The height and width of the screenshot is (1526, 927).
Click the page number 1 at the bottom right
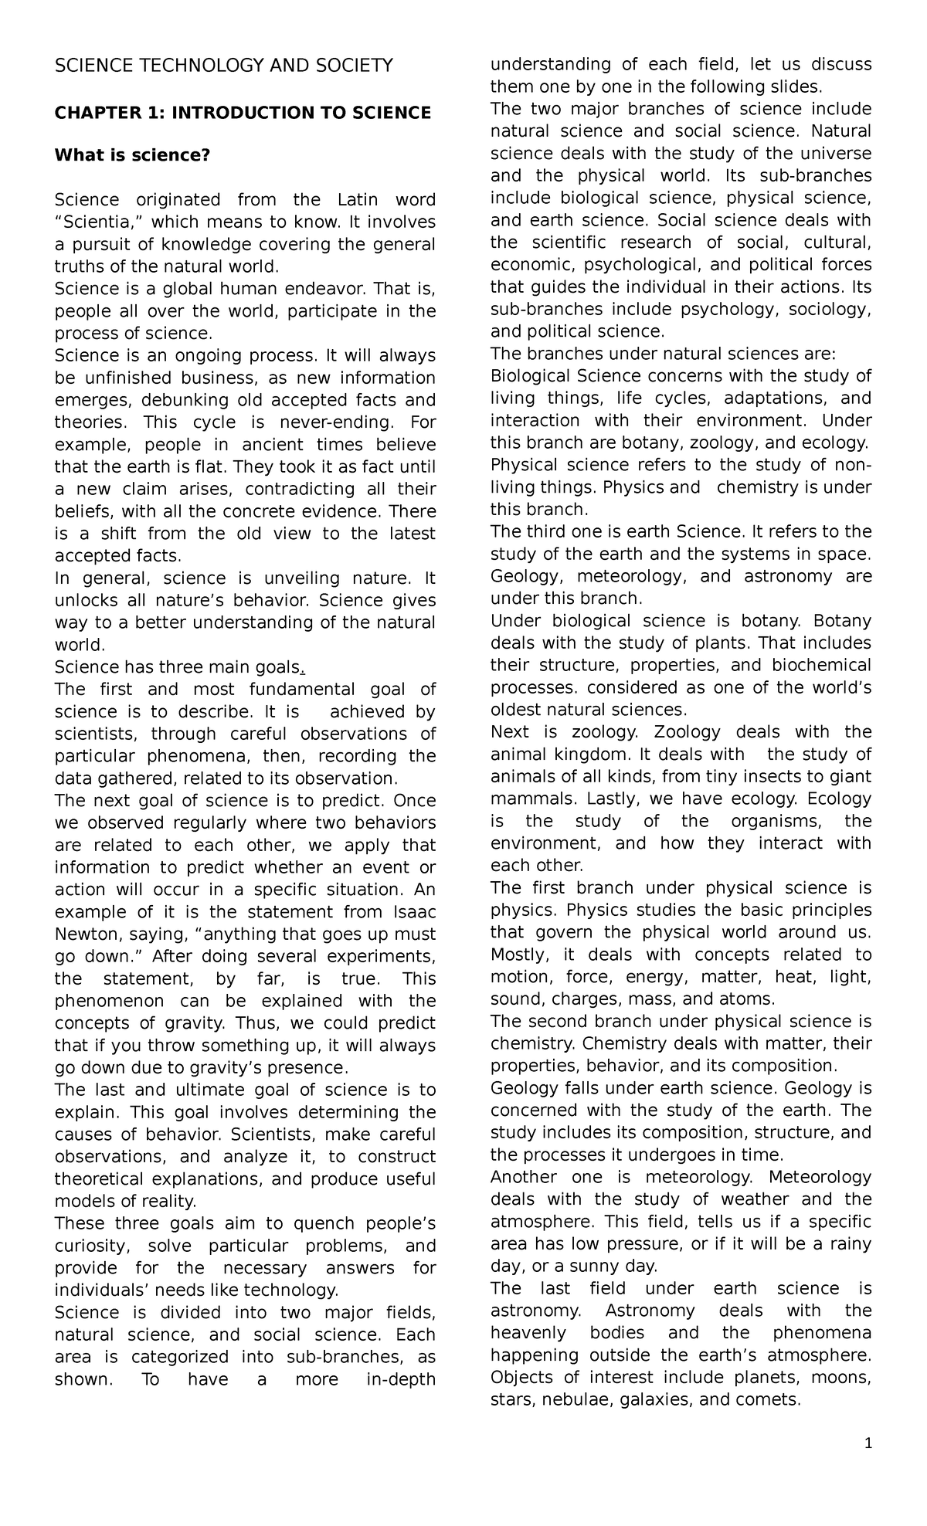coord(868,1463)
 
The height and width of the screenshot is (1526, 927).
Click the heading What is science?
coord(132,156)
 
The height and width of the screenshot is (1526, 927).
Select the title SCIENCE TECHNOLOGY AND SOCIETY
coord(223,66)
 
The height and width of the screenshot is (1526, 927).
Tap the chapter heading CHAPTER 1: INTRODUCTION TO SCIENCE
coord(242,113)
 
